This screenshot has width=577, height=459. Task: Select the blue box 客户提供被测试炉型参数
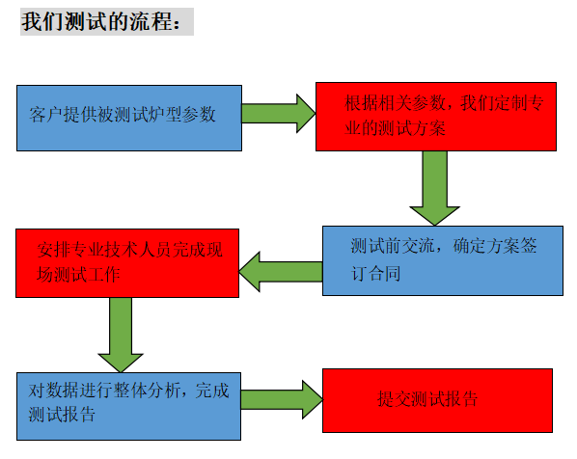tap(129, 118)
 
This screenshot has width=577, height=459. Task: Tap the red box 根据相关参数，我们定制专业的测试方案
tap(436, 117)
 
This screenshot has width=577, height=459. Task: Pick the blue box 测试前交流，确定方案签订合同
tap(443, 260)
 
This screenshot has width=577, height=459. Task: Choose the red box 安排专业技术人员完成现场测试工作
tap(127, 263)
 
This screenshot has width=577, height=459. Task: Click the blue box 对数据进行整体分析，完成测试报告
tap(128, 406)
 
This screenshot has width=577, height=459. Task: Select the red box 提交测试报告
tap(437, 400)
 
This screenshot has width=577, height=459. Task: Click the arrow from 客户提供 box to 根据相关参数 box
tap(279, 114)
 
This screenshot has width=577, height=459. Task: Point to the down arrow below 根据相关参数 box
tap(434, 188)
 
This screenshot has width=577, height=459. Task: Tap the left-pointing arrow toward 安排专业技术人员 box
tap(281, 272)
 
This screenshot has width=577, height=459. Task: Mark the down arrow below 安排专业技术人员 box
tap(121, 335)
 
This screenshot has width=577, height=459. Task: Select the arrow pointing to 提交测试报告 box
tap(282, 400)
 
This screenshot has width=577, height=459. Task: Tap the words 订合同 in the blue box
tap(375, 273)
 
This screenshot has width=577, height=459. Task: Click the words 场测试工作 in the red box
tap(78, 275)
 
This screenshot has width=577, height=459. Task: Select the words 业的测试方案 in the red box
tap(395, 128)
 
